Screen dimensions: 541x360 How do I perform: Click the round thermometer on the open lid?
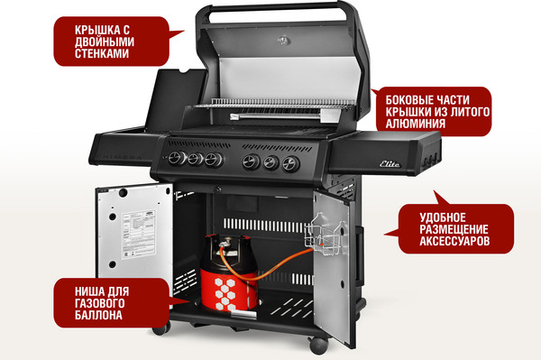(x=286, y=41)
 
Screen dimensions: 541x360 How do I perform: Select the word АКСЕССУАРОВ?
(x=454, y=243)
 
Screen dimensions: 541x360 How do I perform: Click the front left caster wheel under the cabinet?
(x=160, y=328)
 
